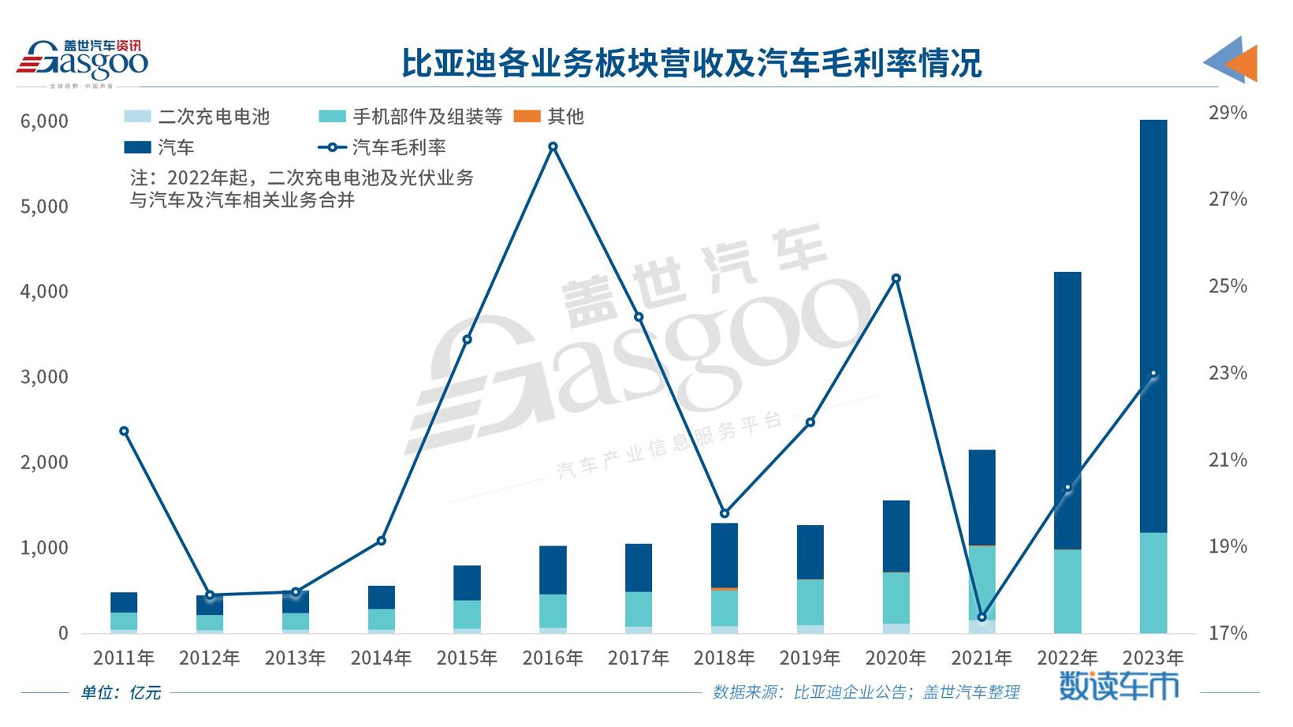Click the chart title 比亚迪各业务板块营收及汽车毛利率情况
click(691, 63)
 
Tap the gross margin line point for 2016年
click(553, 147)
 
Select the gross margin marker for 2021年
click(982, 617)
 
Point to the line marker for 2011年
click(124, 431)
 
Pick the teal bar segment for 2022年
click(1068, 591)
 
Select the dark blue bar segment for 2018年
click(725, 554)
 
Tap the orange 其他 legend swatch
click(527, 117)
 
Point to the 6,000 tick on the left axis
click(44, 121)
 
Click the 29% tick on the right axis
click(1228, 113)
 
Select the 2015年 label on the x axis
click(467, 658)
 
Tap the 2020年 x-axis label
click(896, 658)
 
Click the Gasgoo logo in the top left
click(82, 62)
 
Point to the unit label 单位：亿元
click(121, 692)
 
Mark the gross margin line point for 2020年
click(896, 278)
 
